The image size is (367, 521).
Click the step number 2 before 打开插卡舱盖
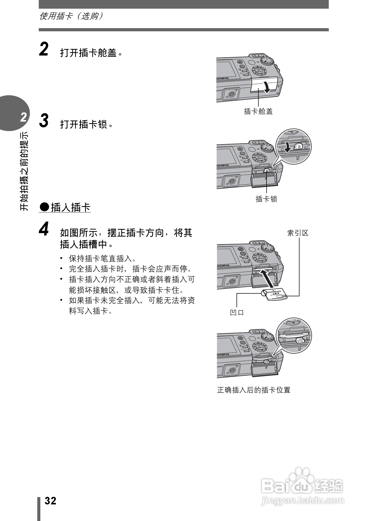coord(44,50)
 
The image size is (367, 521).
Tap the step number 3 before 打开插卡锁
coord(44,121)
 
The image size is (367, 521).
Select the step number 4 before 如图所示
coord(44,229)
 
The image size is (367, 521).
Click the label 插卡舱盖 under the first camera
coord(258,112)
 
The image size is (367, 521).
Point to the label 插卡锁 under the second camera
coord(266,199)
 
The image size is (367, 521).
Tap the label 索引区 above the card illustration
coord(298,233)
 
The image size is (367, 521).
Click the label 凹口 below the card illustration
coord(237,313)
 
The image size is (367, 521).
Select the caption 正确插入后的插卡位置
coord(254,390)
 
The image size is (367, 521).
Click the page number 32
coord(50,501)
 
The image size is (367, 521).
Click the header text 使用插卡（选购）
coord(71,16)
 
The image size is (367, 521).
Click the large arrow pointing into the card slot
coord(267,278)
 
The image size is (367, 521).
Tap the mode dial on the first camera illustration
coord(267,61)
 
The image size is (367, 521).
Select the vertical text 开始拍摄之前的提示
coord(24,171)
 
